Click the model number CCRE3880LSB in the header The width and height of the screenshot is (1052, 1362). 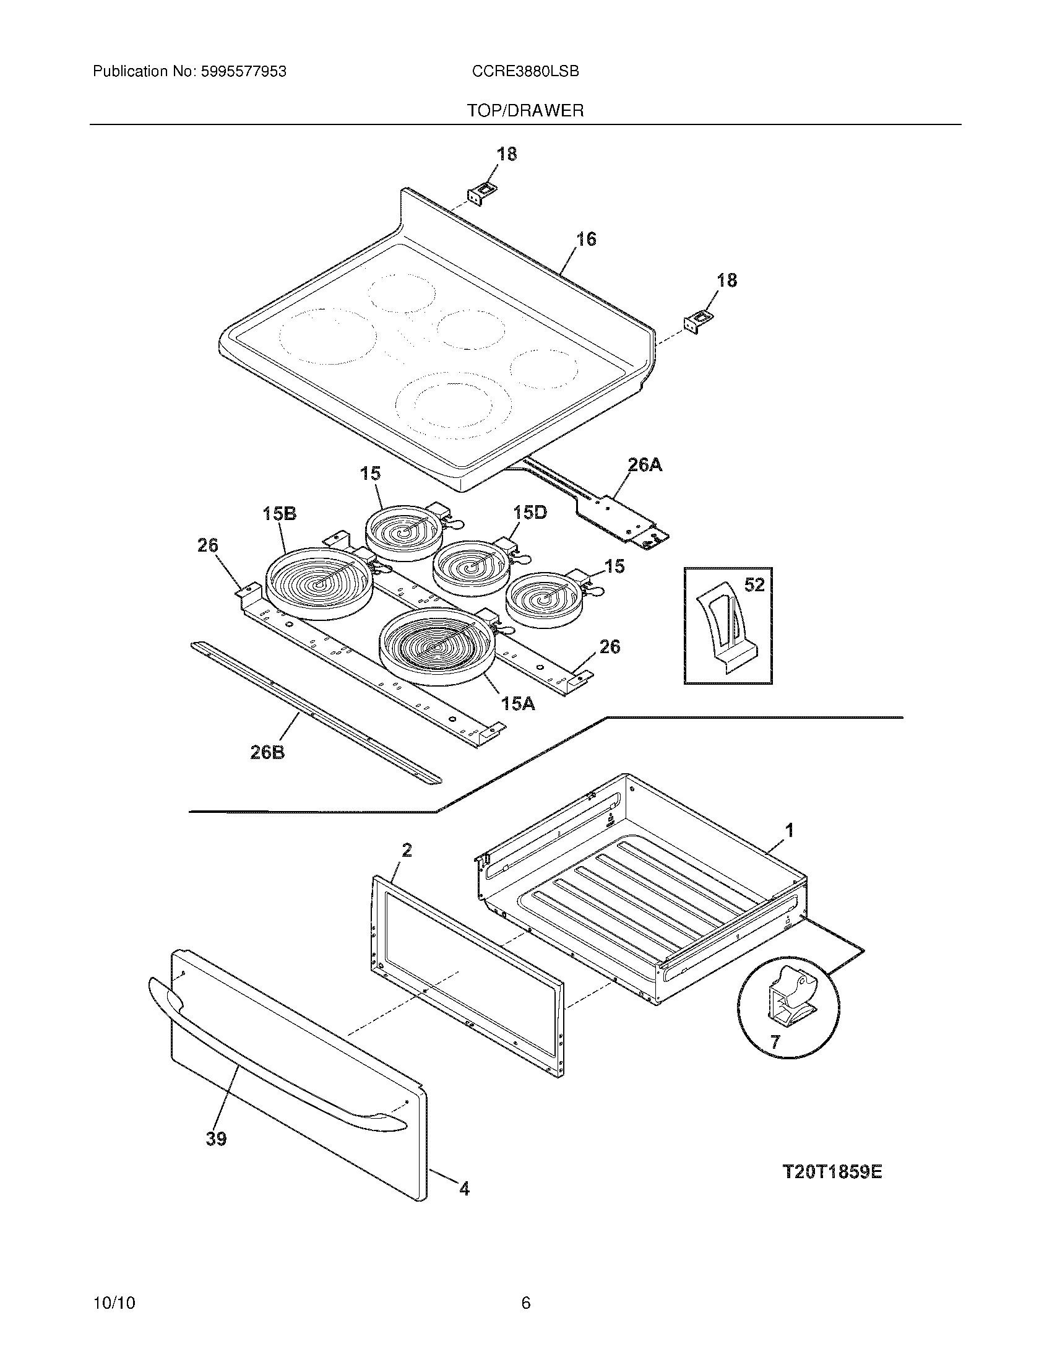coord(525,72)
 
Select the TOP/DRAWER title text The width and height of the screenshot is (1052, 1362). coord(525,111)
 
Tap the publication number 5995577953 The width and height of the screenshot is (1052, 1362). coord(243,72)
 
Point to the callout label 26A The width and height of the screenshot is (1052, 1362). coord(644,464)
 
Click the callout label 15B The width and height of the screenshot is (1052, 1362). coord(279,513)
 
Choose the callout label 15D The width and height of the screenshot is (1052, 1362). coord(530,513)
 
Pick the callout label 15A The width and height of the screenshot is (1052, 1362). coord(519,703)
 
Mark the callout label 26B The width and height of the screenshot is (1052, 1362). coord(267,752)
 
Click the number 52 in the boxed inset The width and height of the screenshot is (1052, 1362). coord(754,585)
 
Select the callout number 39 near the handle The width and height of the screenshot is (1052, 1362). coord(216,1139)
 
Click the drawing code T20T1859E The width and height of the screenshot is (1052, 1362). coord(832,1173)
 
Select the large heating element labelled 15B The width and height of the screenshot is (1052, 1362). coord(319,583)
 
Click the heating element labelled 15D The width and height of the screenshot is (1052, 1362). coord(470,568)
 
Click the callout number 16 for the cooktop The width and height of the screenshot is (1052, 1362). coord(586,239)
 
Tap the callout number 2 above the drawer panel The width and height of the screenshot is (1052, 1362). coord(407,850)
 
